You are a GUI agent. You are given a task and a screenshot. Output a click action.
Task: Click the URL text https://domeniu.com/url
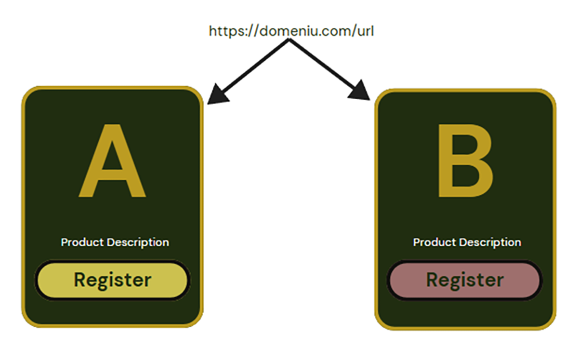pyautogui.click(x=291, y=31)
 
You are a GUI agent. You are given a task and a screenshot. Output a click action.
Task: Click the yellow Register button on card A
pyautogui.click(x=112, y=280)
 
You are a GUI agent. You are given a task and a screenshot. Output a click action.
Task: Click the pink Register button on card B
pyautogui.click(x=465, y=280)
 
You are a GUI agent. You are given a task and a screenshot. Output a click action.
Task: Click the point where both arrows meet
pyautogui.click(x=289, y=40)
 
